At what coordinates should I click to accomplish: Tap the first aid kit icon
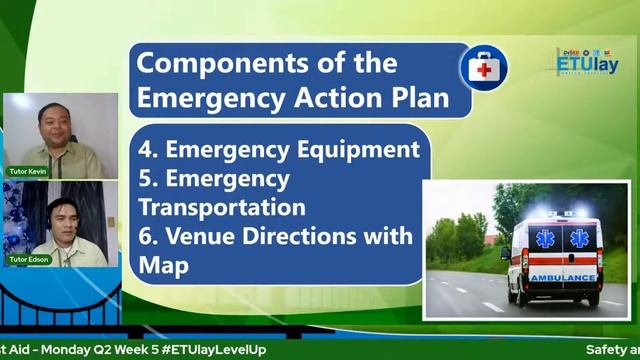click(x=483, y=69)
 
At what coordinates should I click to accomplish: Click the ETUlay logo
click(x=588, y=62)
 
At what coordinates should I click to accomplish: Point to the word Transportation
click(x=222, y=207)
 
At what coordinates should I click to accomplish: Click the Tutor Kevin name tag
click(x=29, y=171)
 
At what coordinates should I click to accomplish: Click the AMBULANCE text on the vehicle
click(x=562, y=277)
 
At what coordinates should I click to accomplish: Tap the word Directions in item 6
click(x=311, y=236)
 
